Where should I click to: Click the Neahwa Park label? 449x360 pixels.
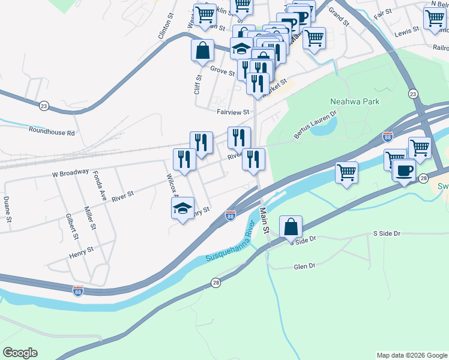tap(354, 102)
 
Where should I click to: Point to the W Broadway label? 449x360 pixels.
tap(71, 173)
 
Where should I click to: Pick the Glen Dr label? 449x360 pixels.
tap(304, 267)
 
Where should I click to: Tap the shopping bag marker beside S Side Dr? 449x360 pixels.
tap(291, 227)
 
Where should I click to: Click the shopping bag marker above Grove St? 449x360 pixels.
tap(203, 50)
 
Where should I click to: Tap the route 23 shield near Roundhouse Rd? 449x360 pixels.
tap(44, 106)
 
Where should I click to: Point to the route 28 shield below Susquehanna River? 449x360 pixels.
tap(216, 282)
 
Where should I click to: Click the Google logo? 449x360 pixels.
tap(20, 353)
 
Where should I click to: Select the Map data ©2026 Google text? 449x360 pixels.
tap(411, 355)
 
